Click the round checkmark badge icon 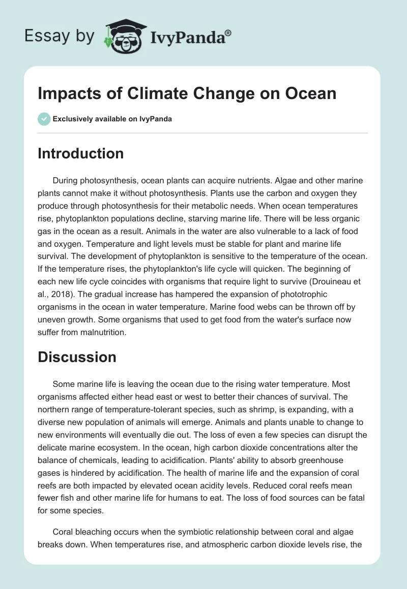click(44, 119)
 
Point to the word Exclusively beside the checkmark click(72, 119)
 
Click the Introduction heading click(80, 153)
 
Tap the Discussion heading click(77, 357)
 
